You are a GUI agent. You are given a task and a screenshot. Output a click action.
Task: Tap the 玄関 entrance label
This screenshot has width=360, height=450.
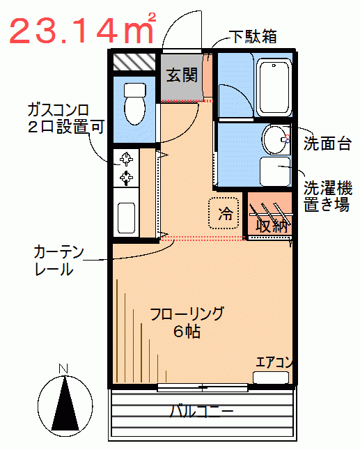coord(182,75)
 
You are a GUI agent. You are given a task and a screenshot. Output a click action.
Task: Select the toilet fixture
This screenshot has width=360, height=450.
coord(135,104)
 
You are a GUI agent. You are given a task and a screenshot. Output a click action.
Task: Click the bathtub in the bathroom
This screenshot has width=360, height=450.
coord(274,87)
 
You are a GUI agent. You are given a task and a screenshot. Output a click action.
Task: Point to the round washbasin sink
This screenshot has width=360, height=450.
coord(274,139)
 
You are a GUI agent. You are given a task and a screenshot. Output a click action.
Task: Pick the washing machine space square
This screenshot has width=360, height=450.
coord(275,171)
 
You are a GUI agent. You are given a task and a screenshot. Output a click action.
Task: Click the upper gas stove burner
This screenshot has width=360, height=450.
coord(126,159)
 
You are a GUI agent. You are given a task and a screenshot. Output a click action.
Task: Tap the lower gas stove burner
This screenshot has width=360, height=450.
coord(126,178)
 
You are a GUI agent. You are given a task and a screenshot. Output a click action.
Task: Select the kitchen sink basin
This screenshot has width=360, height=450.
coord(126,218)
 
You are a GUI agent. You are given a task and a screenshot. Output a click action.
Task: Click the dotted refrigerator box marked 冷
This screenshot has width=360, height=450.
coord(224,213)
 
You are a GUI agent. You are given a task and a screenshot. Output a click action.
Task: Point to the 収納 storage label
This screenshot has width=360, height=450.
coord(272,226)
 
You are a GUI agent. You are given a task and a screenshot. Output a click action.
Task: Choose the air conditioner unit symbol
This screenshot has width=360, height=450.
coord(271,378)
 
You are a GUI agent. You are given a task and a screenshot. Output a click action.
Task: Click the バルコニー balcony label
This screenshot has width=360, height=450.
coord(202,412)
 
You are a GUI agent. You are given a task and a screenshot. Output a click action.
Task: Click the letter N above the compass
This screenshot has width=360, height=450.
coord(63,368)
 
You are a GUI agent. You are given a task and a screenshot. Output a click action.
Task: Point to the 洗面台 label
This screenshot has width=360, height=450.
coord(327,143)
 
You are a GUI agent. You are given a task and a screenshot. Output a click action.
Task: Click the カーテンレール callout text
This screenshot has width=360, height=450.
coord(58,261)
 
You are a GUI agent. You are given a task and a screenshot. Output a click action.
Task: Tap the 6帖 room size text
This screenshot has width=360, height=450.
coord(187,332)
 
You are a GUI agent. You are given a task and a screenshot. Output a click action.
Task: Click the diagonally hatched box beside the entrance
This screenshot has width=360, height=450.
coord(134,62)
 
